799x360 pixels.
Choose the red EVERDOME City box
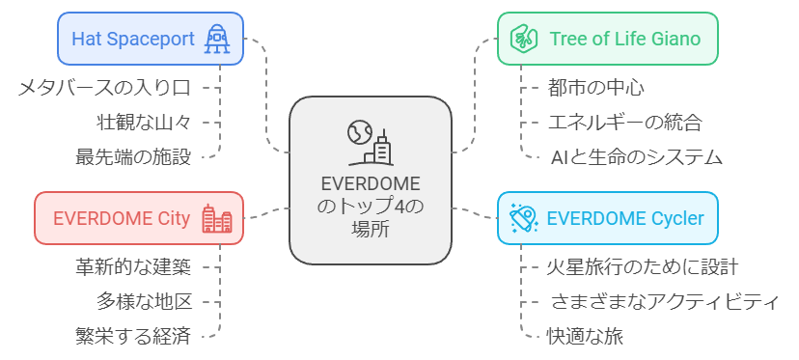click(x=138, y=217)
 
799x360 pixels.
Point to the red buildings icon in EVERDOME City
click(x=216, y=218)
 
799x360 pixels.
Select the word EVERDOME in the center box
click(x=370, y=184)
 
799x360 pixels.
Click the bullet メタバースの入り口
click(x=103, y=88)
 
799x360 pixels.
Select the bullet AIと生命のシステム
click(x=636, y=156)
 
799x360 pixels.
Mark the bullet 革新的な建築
click(x=131, y=266)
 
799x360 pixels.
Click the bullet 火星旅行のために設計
click(x=644, y=266)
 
